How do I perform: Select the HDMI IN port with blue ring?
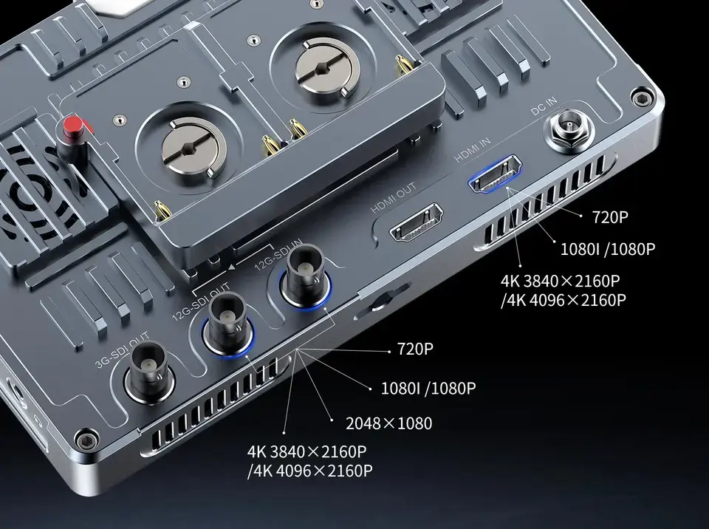495,174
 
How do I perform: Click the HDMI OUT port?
416,222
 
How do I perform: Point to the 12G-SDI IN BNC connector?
305,276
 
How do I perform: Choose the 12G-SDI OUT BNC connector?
228,325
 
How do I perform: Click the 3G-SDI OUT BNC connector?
150,372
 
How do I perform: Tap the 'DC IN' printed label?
544,106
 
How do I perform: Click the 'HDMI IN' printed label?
473,150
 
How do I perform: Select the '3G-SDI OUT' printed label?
122,351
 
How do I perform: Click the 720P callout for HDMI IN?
610,217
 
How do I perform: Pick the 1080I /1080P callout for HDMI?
608,249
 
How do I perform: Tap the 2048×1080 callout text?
389,423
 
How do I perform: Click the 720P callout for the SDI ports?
415,349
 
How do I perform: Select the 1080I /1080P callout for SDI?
428,389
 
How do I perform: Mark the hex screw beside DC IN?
641,98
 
